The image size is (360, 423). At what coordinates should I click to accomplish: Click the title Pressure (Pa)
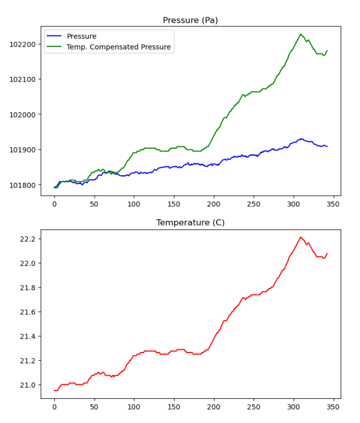click(190, 20)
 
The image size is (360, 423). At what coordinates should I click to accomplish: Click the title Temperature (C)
click(190, 223)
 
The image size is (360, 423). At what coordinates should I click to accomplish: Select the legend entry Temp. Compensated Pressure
click(118, 47)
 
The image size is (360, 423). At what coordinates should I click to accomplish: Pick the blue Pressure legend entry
click(81, 37)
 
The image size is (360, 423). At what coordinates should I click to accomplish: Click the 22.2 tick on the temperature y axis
click(26, 239)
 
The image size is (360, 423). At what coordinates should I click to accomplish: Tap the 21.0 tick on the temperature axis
click(26, 385)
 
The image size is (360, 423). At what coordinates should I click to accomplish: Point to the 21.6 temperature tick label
click(26, 312)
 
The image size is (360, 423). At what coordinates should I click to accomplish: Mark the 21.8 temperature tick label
click(26, 288)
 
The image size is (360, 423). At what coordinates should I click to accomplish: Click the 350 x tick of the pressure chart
click(333, 205)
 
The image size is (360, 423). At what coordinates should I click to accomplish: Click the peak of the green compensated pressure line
click(300, 34)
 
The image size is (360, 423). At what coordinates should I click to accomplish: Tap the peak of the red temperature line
click(300, 237)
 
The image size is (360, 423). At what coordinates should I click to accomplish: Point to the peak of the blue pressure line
click(301, 139)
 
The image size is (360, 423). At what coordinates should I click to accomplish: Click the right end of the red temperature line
click(327, 254)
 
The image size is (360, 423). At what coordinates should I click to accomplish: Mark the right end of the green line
click(327, 51)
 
